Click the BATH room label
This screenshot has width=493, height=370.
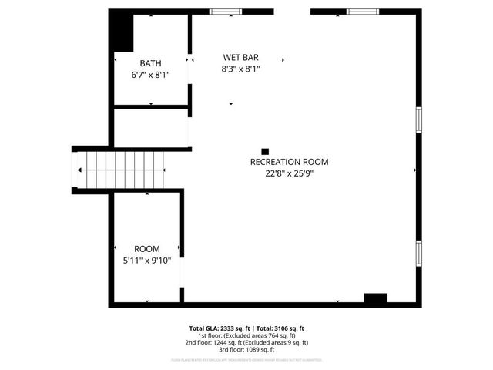(150, 63)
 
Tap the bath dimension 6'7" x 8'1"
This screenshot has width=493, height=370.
(150, 76)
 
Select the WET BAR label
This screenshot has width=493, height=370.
(240, 57)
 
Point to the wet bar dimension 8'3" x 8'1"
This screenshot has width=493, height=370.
(240, 69)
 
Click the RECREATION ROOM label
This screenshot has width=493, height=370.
(289, 162)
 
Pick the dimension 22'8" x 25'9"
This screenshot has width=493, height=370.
(289, 173)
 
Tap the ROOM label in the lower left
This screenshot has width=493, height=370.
(147, 249)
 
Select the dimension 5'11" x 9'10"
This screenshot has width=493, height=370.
(147, 261)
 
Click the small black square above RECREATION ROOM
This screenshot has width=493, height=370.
(265, 152)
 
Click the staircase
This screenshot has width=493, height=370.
(123, 170)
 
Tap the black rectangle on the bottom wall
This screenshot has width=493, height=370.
(375, 298)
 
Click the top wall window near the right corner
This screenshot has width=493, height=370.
(361, 12)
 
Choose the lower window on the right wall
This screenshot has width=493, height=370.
(419, 252)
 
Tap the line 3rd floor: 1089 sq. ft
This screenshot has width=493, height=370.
(246, 349)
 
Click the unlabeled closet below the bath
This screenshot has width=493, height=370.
(151, 127)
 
